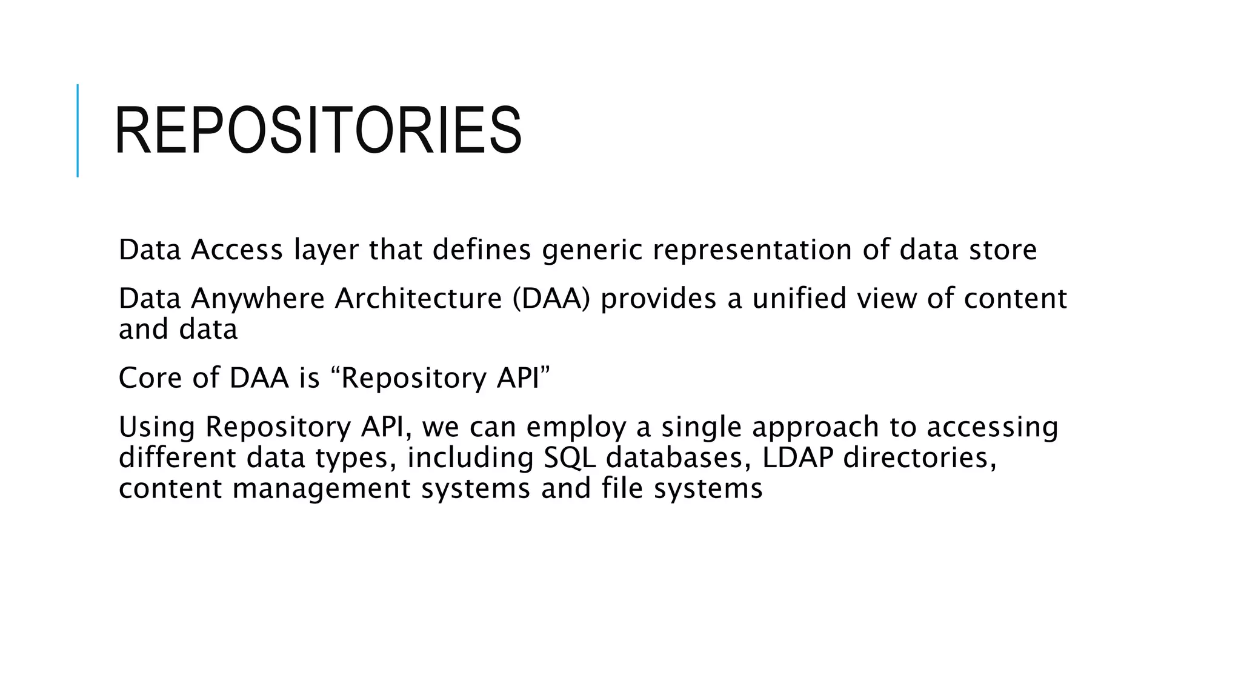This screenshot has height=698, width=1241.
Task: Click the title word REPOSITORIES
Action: tap(318, 130)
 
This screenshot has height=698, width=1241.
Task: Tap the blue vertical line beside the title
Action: tap(78, 130)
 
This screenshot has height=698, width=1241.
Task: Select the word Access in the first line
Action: tap(237, 250)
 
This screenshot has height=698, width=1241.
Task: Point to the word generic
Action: tap(592, 251)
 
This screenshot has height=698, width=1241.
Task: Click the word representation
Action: tap(752, 251)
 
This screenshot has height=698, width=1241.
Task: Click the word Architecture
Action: tap(418, 299)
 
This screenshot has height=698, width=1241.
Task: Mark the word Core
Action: tap(150, 378)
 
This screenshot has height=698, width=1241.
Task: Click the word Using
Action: tap(156, 428)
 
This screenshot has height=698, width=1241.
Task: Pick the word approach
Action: tap(815, 428)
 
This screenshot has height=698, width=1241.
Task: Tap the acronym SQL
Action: tap(570, 458)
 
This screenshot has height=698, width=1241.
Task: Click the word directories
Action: tap(920, 458)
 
